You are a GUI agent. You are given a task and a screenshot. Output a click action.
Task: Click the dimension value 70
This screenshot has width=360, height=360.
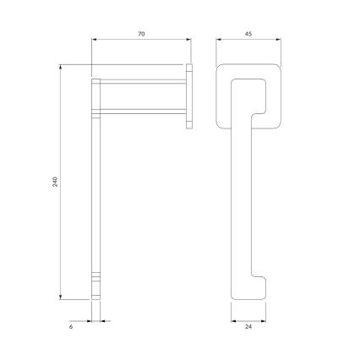[140, 33]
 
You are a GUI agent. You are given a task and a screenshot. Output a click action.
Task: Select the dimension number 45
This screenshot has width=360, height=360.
[248, 33]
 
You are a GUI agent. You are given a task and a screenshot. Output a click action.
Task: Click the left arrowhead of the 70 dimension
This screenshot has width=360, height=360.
[93, 39]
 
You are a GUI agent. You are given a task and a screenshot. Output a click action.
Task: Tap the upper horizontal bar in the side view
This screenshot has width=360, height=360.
[142, 82]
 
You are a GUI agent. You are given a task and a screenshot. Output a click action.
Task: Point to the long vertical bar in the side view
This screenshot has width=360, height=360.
[96, 186]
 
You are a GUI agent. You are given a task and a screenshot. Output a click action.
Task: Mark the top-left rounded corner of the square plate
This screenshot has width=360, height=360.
[222, 67]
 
